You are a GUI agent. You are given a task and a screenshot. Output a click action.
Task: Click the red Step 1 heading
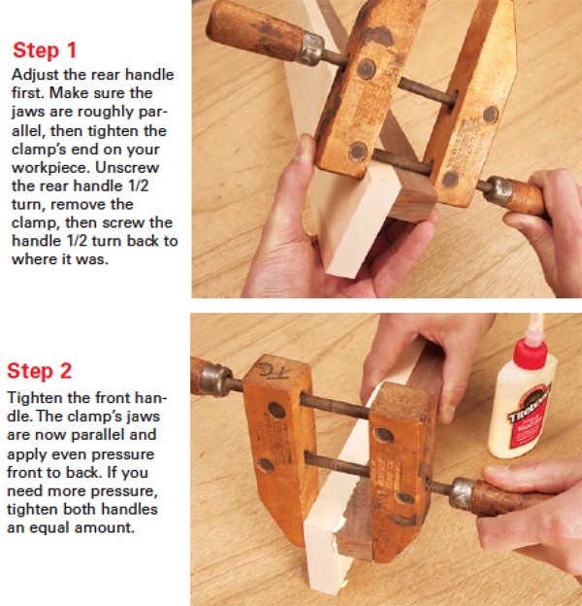(x=45, y=50)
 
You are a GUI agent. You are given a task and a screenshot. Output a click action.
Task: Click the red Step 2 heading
(x=40, y=371)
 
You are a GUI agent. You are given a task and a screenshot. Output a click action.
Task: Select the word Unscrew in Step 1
(x=127, y=167)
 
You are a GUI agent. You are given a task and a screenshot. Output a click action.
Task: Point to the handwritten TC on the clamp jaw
(x=275, y=370)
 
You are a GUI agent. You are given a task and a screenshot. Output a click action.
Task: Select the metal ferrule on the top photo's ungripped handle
(x=311, y=49)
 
